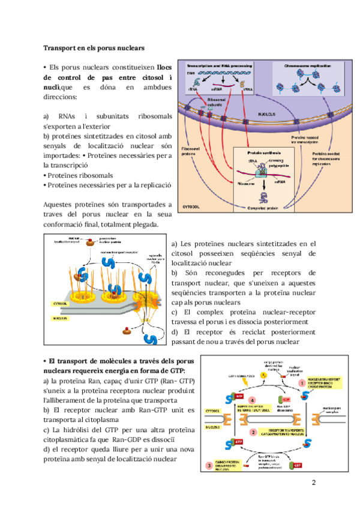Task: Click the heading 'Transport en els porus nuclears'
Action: [94, 47]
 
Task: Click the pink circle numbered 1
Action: [301, 381]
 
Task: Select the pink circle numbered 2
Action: [254, 432]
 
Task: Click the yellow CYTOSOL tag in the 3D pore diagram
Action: [61, 304]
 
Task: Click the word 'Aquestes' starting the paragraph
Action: [59, 205]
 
